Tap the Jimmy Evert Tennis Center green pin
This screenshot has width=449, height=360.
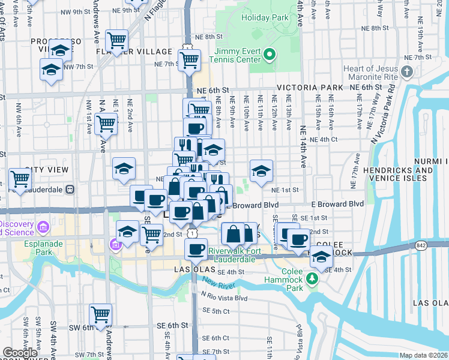(270, 56)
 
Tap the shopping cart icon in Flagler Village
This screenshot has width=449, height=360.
(116, 41)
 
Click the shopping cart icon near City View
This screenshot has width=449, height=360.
(20, 178)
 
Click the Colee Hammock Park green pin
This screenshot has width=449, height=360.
(312, 278)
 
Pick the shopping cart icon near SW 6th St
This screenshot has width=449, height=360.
(100, 314)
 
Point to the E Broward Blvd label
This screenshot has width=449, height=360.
(337, 204)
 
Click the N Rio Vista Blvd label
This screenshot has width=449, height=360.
(226, 298)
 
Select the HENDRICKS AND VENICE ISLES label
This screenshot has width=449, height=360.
(399, 175)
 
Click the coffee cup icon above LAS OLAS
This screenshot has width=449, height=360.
(195, 250)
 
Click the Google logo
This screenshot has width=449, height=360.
(20, 353)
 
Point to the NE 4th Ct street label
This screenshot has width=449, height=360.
(325, 139)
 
